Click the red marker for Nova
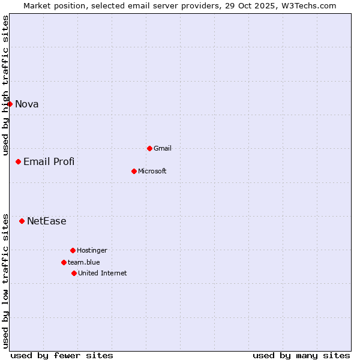(x=10, y=104)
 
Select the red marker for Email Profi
(x=19, y=161)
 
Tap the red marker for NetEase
(x=22, y=221)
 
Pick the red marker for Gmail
(x=149, y=148)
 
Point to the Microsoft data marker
(x=134, y=171)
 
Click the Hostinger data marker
(x=73, y=250)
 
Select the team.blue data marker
(x=64, y=262)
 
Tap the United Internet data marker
(x=74, y=273)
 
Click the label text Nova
(x=27, y=104)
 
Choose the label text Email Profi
(x=49, y=162)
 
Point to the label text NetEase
(x=47, y=221)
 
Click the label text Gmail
(x=163, y=149)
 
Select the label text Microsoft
(x=152, y=172)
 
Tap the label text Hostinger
(x=92, y=251)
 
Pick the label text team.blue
(x=84, y=263)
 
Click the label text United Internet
(x=103, y=274)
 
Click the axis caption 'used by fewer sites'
(x=62, y=355)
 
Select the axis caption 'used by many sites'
(x=301, y=355)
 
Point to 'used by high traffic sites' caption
(x=6, y=85)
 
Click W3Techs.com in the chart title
(x=307, y=6)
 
